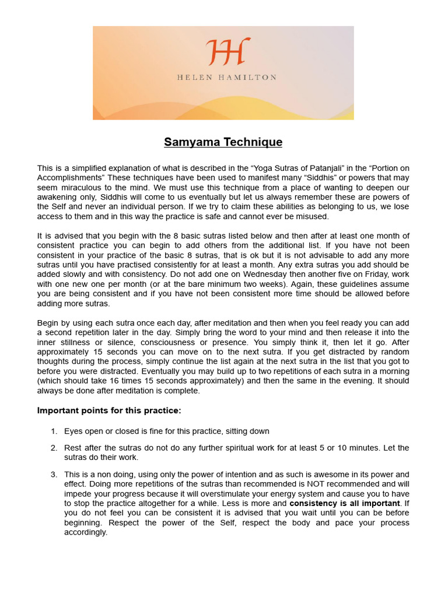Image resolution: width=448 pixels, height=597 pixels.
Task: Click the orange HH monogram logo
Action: [228, 52]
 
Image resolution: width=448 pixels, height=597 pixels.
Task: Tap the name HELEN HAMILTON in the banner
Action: [227, 77]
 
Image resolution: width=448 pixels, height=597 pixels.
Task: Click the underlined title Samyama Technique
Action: [223, 142]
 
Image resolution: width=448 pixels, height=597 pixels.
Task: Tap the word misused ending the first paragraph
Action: [313, 216]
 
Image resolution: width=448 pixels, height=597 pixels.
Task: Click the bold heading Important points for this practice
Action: [109, 410]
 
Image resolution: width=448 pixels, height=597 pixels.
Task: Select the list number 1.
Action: [54, 431]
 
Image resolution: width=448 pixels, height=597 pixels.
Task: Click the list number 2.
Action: [54, 448]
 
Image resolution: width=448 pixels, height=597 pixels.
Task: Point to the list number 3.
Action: [54, 475]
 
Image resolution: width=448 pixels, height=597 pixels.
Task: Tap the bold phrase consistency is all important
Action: [344, 503]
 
